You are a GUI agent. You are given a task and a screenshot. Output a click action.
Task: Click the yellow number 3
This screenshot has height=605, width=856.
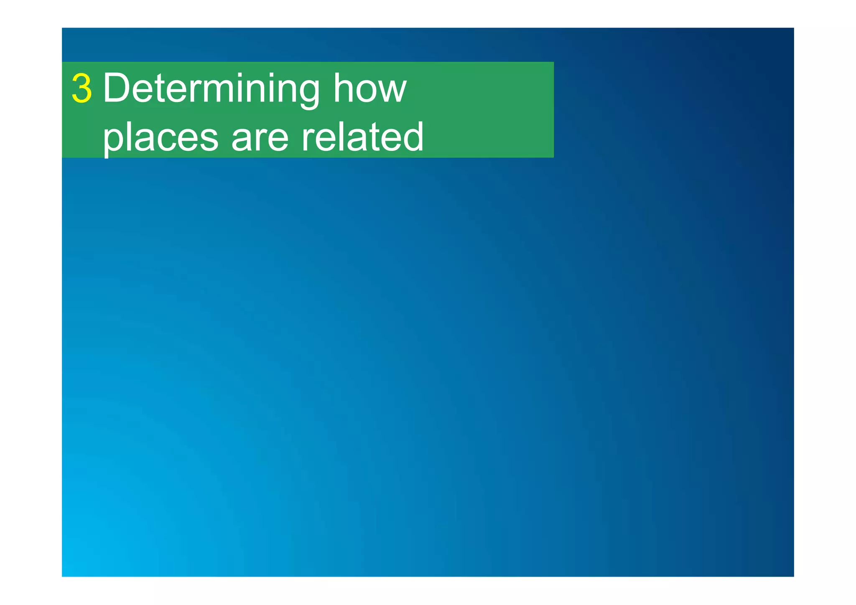point(82,88)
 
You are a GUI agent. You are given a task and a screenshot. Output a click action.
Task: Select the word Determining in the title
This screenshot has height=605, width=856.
point(211,88)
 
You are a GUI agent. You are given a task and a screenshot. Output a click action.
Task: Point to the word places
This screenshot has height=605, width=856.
point(160,137)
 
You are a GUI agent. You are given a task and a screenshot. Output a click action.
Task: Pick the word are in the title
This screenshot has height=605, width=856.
point(260,137)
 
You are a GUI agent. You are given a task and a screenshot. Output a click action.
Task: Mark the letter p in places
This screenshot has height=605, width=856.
point(114,140)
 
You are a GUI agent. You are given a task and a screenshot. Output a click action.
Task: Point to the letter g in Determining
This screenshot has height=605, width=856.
point(308,93)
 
